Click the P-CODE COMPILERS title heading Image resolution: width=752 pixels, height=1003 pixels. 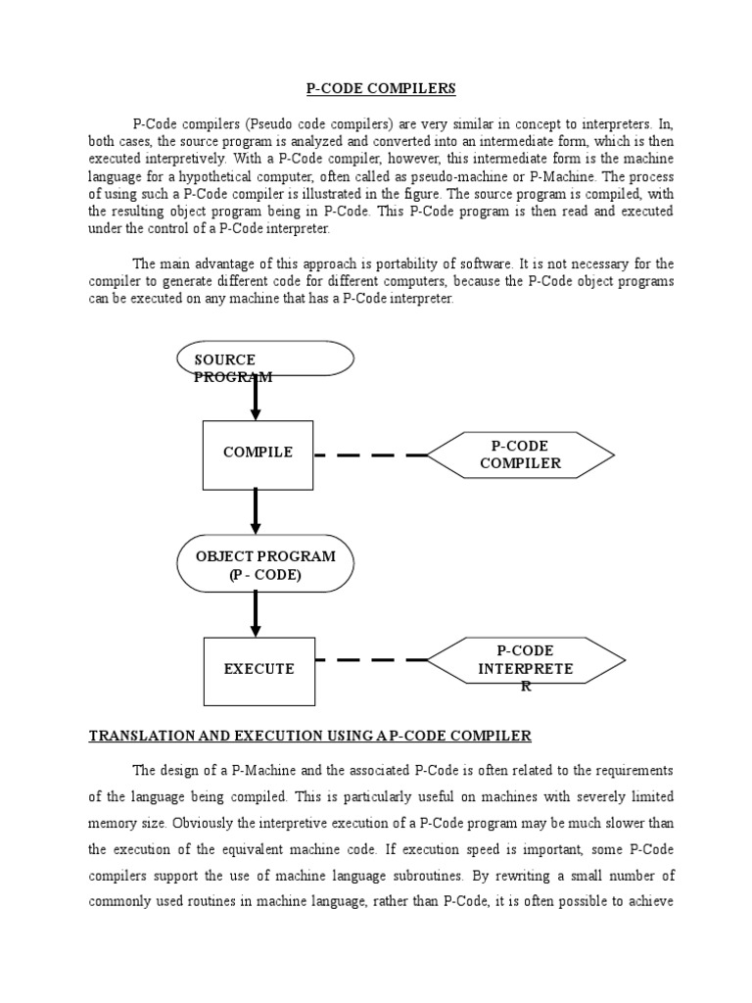point(381,88)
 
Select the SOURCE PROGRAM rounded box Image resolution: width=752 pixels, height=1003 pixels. point(265,358)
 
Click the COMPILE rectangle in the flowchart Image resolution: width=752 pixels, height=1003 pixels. point(258,454)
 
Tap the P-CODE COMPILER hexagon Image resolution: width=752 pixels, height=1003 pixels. point(520,454)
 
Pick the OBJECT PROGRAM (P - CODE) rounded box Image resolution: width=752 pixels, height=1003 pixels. point(265,565)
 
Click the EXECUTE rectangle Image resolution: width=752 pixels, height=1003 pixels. point(258,670)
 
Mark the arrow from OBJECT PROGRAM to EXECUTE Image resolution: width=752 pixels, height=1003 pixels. point(256,614)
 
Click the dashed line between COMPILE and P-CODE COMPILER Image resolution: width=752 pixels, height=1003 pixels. point(370,455)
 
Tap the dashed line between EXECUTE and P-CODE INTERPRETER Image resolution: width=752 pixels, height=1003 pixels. point(370,660)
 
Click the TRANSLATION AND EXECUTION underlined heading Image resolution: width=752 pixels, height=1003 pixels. point(309,735)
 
